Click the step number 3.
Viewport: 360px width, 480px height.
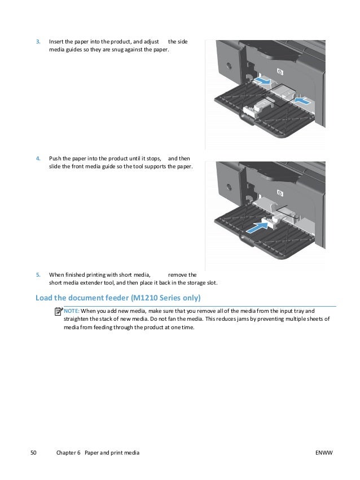click(x=38, y=42)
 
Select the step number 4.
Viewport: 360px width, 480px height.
click(x=38, y=159)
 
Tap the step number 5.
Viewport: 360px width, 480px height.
click(x=38, y=275)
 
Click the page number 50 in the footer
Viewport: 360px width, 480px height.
click(x=33, y=453)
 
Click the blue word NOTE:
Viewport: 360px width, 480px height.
click(x=72, y=311)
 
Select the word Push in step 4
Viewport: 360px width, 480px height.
click(x=55, y=159)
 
